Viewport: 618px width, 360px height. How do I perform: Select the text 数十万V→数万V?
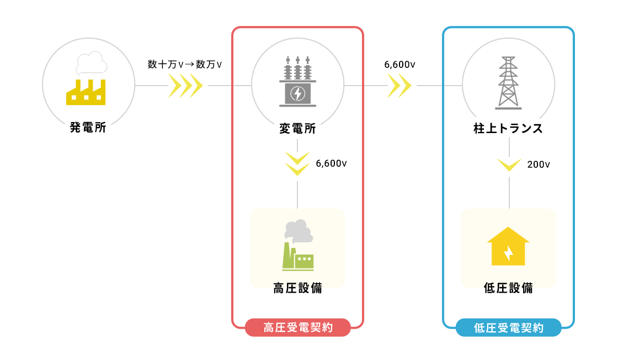tap(185, 65)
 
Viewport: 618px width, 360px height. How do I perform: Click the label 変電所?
tap(297, 129)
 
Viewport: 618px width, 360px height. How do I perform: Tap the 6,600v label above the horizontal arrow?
tap(399, 65)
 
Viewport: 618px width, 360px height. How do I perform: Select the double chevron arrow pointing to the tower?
tap(400, 86)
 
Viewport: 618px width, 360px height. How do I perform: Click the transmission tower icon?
tap(508, 81)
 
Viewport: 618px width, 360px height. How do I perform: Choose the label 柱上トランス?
tap(508, 129)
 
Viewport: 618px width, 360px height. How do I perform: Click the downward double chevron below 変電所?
tap(297, 164)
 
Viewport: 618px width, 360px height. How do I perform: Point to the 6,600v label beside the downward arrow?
tap(331, 163)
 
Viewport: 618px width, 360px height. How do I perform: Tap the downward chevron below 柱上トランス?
tap(509, 165)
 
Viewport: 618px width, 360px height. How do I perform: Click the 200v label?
tap(539, 164)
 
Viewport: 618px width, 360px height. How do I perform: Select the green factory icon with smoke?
tap(297, 245)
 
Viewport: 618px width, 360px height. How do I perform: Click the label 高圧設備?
tap(297, 288)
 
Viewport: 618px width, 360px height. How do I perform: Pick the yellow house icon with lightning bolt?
tap(508, 246)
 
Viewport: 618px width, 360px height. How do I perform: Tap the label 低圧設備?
tap(508, 288)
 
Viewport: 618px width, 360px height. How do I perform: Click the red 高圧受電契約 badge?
tap(298, 327)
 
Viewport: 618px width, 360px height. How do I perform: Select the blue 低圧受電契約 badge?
tap(508, 327)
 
